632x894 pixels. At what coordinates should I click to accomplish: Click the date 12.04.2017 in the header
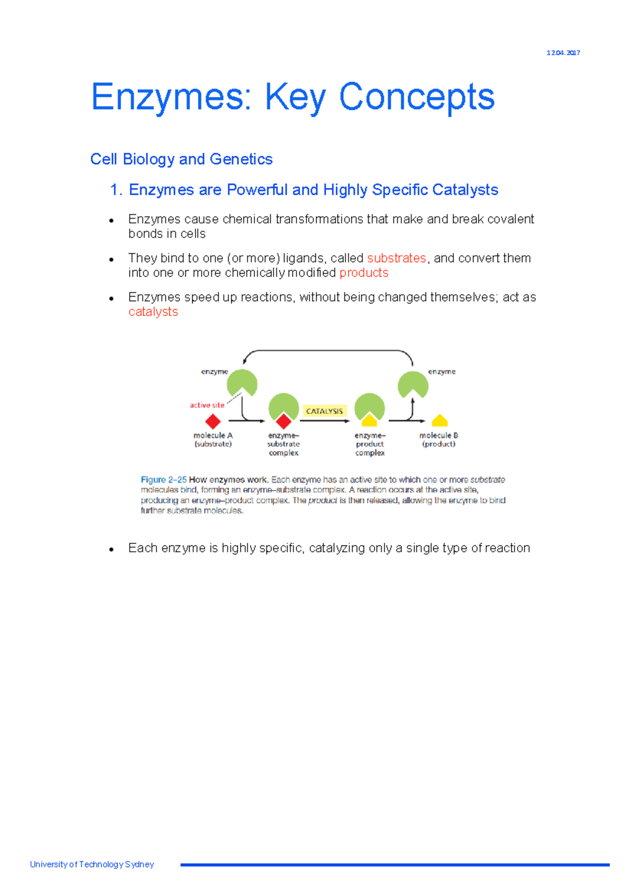563,53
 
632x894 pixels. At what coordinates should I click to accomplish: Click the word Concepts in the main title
417,97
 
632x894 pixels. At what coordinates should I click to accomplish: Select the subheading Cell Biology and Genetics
181,159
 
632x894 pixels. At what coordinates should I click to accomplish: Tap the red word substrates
396,258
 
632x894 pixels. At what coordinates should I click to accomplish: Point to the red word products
363,273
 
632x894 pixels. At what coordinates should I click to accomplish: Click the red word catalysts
153,312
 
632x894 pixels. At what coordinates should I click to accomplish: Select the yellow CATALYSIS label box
324,411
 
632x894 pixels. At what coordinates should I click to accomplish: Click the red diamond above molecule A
213,421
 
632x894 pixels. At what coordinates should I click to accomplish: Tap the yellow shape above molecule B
439,421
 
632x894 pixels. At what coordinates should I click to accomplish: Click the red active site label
207,405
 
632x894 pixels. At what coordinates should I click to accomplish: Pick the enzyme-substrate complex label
283,444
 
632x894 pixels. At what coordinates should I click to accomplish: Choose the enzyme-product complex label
370,444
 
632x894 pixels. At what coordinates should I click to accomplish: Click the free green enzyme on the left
242,382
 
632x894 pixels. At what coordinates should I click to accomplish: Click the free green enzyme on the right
413,384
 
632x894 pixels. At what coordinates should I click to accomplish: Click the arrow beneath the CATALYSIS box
324,421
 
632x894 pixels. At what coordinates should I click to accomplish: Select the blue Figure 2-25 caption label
163,480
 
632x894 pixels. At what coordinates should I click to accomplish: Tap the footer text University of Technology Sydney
92,864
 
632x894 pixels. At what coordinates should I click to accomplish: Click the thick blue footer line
394,865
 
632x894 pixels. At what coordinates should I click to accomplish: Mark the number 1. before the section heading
116,190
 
